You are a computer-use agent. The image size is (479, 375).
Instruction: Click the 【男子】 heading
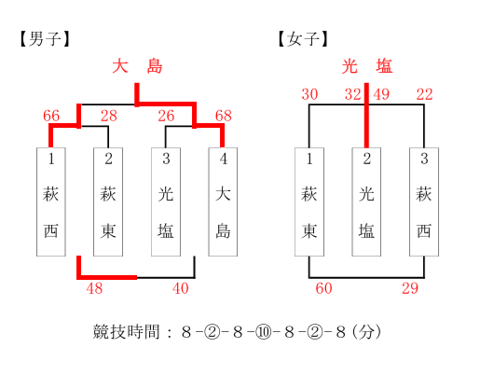click(x=45, y=39)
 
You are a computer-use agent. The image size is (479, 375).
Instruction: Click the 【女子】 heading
click(x=303, y=39)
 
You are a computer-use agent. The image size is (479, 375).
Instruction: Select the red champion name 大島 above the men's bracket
click(x=137, y=66)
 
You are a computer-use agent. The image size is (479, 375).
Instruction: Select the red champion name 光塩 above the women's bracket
click(x=367, y=66)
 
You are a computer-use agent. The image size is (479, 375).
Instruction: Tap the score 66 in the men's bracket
click(x=51, y=116)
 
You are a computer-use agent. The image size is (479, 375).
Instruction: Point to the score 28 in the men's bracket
click(x=109, y=116)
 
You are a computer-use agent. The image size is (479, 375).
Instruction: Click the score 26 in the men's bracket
click(x=166, y=116)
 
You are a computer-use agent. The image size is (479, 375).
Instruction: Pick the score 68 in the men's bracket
click(x=224, y=116)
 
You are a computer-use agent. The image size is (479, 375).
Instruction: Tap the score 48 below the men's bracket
click(x=94, y=288)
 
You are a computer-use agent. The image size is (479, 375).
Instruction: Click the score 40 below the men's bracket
click(x=181, y=288)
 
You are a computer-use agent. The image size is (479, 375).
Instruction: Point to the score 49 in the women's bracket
click(x=381, y=94)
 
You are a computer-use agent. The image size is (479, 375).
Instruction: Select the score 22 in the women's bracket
click(x=424, y=94)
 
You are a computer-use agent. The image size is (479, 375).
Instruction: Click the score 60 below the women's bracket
click(x=323, y=288)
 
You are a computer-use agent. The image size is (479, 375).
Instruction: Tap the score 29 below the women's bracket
click(x=410, y=288)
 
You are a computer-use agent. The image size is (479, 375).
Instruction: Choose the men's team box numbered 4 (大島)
click(x=223, y=201)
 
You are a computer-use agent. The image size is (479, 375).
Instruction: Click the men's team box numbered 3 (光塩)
click(x=166, y=201)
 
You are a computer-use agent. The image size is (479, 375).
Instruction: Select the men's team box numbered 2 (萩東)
click(x=108, y=201)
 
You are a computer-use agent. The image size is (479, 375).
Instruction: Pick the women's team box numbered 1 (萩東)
click(x=309, y=201)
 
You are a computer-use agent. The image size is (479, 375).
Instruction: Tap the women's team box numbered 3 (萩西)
click(x=424, y=201)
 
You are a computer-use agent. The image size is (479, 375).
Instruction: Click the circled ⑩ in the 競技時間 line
click(x=263, y=332)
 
